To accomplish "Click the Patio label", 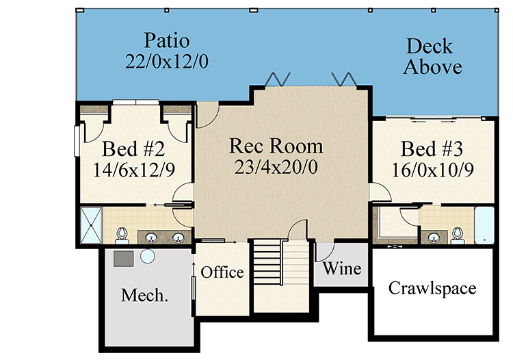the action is click(x=166, y=41).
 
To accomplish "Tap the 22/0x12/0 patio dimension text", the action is click(x=166, y=61).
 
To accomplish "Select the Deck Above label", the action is click(x=432, y=56).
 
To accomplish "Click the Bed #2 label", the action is click(x=133, y=149).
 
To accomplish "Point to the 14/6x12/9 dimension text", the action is click(x=134, y=170).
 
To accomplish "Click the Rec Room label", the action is click(x=276, y=146).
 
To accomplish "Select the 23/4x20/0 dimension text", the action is click(x=276, y=167).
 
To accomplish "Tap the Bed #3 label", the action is click(x=432, y=149).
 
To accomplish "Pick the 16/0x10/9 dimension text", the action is click(x=432, y=170).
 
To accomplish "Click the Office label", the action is click(x=222, y=272).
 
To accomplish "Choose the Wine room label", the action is click(x=342, y=268).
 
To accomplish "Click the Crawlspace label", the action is click(x=432, y=289).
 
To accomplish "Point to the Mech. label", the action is click(x=144, y=295).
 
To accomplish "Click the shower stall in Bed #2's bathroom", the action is click(x=91, y=225).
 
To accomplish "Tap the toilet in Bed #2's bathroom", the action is click(x=122, y=235).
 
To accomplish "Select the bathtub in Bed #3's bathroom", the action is click(x=484, y=225).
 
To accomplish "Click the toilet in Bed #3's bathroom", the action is click(x=457, y=236).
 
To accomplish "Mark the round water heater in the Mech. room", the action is click(x=148, y=256).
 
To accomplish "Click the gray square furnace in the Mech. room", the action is click(x=123, y=259).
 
